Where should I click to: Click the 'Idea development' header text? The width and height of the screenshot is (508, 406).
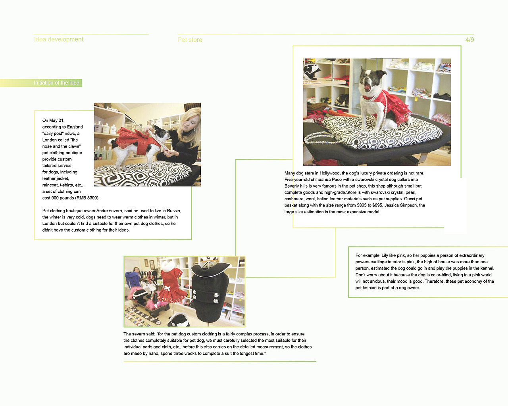point(59,39)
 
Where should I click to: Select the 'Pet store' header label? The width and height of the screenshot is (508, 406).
point(190,40)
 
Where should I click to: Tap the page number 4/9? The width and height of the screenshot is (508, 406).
point(470,40)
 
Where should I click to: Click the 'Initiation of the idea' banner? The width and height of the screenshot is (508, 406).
point(56,83)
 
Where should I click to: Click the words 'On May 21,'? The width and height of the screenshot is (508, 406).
point(53,121)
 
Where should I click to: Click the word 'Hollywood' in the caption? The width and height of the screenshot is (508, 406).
point(329,173)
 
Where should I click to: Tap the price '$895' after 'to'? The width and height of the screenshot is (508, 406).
point(377,205)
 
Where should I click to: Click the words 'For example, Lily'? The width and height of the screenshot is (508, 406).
point(372,255)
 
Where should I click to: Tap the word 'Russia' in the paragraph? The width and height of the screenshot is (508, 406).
point(173,211)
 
